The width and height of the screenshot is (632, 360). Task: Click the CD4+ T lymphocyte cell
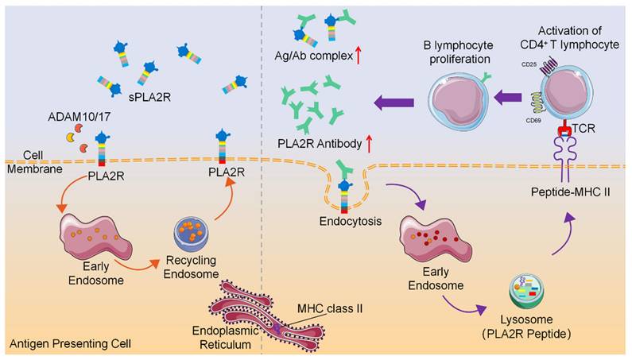[x=572, y=93]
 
